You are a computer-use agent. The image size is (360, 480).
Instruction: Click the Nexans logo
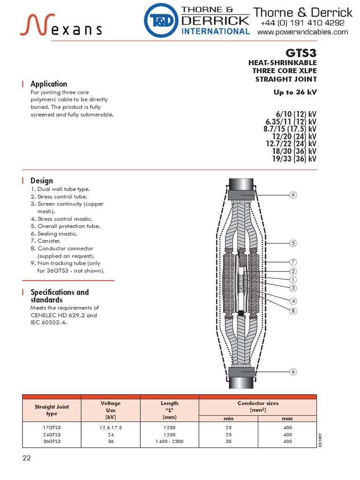click(x=61, y=25)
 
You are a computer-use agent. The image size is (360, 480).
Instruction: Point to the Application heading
click(x=49, y=84)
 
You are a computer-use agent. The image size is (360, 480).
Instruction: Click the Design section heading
click(x=42, y=180)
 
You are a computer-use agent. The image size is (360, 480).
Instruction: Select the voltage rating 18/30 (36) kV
click(x=294, y=151)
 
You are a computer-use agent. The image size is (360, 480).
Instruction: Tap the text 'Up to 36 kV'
click(x=295, y=92)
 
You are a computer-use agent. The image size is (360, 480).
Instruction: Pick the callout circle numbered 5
click(x=293, y=243)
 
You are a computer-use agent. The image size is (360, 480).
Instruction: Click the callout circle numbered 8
click(x=293, y=311)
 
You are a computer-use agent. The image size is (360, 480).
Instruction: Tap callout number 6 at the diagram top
click(x=293, y=195)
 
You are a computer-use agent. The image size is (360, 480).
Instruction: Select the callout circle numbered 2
click(x=293, y=271)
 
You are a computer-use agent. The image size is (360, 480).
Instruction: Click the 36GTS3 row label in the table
click(x=52, y=441)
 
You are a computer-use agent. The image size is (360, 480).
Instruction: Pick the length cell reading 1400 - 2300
click(x=169, y=441)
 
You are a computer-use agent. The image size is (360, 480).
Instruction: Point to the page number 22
click(x=26, y=458)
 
